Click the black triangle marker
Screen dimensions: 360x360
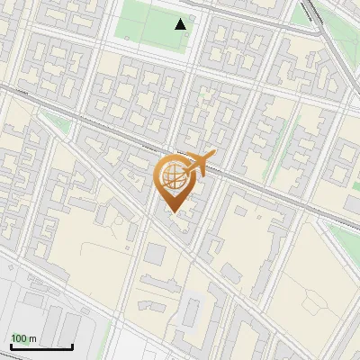(x=181, y=24)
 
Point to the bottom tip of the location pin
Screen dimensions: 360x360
(x=172, y=212)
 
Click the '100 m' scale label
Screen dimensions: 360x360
(x=24, y=338)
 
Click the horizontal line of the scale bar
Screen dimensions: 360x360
(x=41, y=346)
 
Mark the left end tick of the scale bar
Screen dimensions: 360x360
(x=11, y=344)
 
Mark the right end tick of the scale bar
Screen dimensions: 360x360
(x=73, y=344)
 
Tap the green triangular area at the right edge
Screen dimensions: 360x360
(x=346, y=238)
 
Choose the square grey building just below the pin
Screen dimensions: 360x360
(x=155, y=253)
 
